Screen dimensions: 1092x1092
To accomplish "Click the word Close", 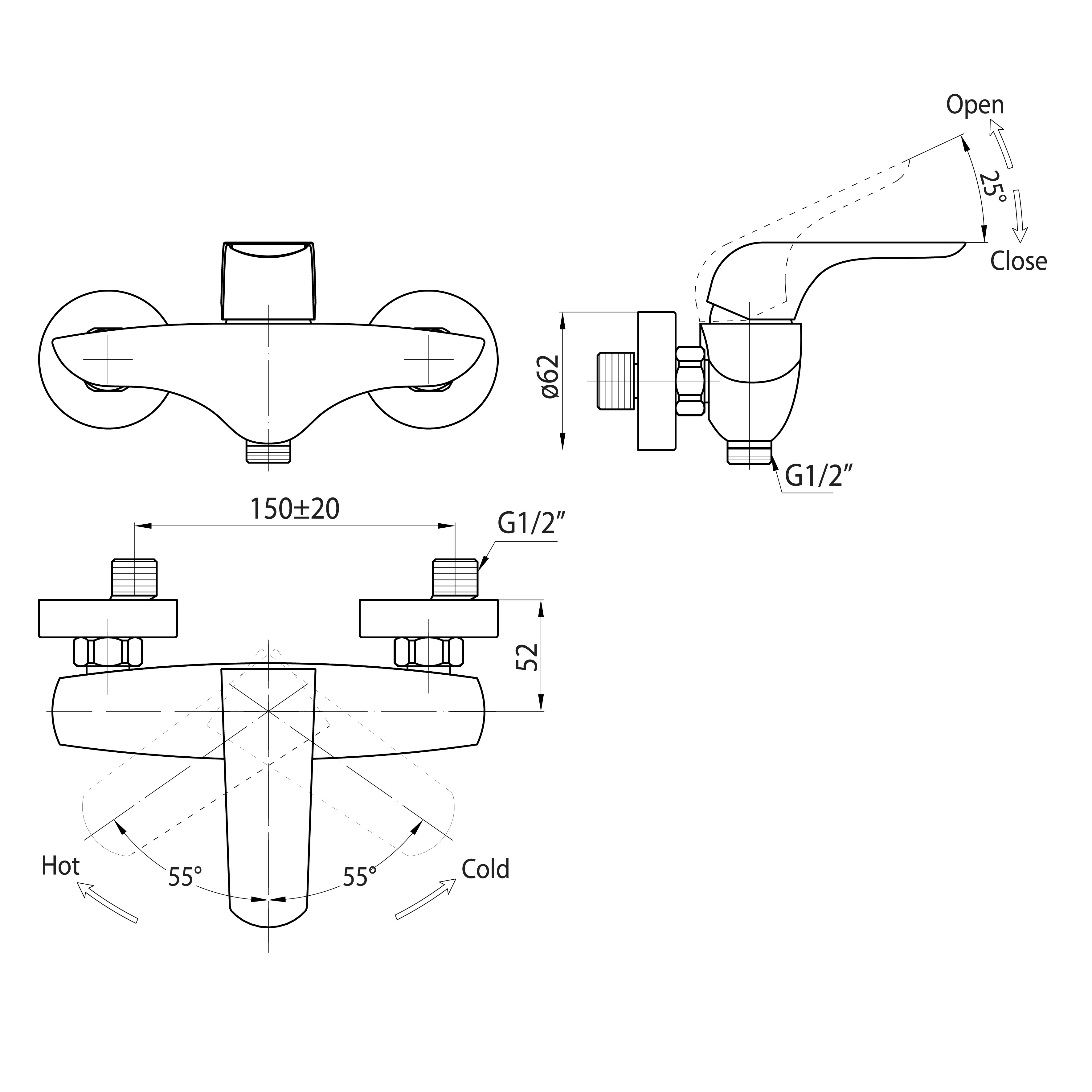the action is point(1019,261).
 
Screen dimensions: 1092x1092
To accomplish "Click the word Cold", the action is point(485,869).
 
